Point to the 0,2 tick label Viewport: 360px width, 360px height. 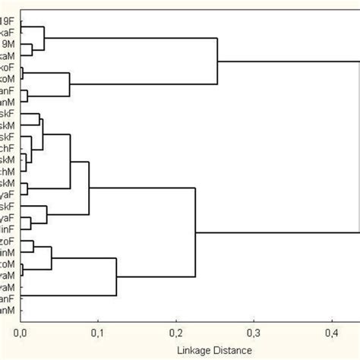[x=176, y=332]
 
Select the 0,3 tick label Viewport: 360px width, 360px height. [x=254, y=332]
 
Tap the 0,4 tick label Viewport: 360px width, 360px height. [x=332, y=332]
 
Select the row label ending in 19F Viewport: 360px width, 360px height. [x=6, y=21]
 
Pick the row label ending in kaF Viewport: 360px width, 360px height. [x=6, y=33]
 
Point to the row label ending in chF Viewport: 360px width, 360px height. [x=6, y=148]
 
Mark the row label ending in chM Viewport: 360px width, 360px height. [x=6, y=172]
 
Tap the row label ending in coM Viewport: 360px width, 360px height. [x=6, y=264]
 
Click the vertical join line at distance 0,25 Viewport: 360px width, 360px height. [x=218, y=61]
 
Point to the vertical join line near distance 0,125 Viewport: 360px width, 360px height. [x=116, y=277]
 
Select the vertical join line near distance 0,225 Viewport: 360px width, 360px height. [x=196, y=232]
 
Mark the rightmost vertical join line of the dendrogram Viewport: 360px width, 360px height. [x=358, y=144]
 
